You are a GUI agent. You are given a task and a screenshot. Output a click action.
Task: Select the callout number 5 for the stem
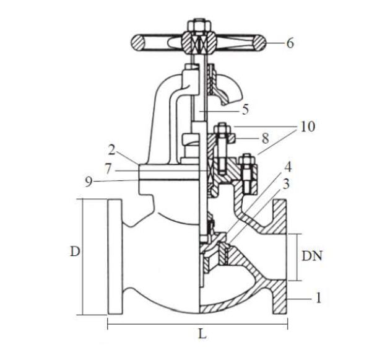[246, 110]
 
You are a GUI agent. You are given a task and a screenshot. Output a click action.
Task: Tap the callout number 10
[307, 127]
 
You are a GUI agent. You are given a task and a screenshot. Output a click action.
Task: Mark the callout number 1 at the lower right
[318, 299]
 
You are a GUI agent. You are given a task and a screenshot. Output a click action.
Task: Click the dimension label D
[74, 252]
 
